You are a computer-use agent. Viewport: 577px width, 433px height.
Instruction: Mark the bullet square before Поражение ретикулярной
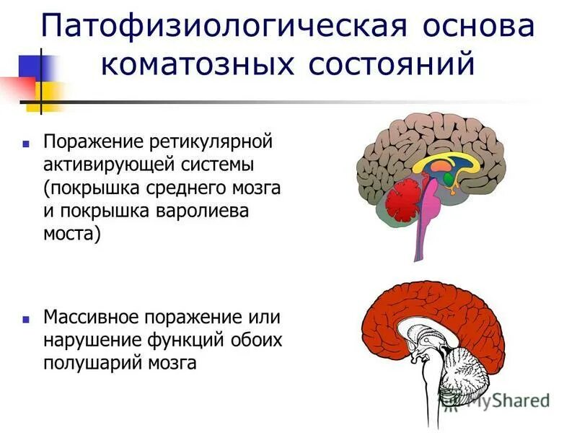(x=26, y=141)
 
